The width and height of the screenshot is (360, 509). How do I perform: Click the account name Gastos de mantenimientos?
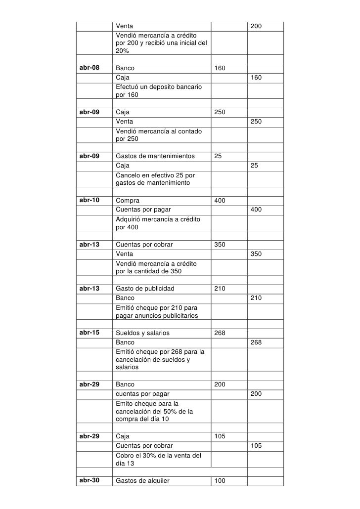[155, 156]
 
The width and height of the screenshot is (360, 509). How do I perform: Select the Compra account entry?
[127, 201]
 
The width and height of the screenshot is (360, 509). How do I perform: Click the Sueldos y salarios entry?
[142, 333]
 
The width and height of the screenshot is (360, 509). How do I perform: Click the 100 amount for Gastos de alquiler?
[220, 480]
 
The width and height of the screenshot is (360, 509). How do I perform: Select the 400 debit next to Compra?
[220, 201]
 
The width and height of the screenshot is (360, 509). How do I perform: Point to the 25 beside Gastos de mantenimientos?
[218, 156]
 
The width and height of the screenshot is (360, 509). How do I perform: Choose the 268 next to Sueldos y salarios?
[220, 333]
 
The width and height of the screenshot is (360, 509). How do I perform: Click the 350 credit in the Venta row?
[256, 254]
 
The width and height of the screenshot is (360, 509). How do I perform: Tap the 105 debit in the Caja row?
[220, 436]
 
